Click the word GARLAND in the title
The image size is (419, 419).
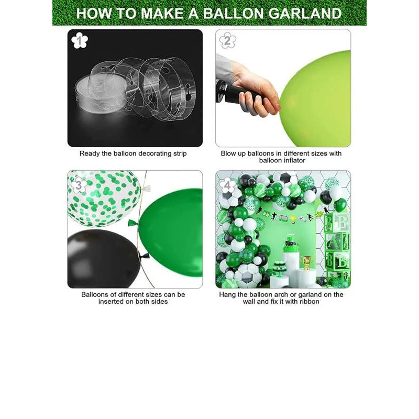(x=305, y=14)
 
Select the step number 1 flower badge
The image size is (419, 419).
(x=80, y=41)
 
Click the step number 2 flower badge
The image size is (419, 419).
(x=228, y=41)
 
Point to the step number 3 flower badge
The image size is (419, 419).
(x=79, y=185)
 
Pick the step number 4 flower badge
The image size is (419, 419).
(x=227, y=185)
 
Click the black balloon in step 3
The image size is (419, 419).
(x=103, y=259)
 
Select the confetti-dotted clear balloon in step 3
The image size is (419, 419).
(x=104, y=199)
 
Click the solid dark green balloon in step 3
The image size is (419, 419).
(x=171, y=233)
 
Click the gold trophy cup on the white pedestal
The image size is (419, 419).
(x=306, y=262)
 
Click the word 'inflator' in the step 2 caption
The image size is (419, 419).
(x=293, y=160)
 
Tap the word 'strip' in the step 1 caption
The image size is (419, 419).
(x=179, y=153)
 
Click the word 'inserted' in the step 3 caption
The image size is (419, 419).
(x=111, y=302)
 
